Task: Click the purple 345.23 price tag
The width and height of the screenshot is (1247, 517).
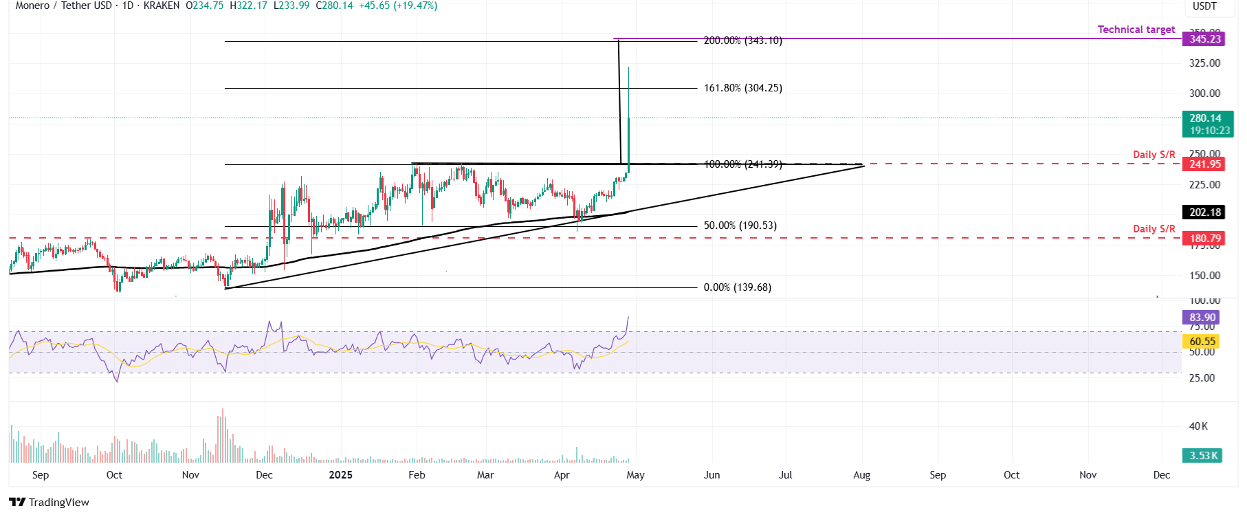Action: click(1205, 39)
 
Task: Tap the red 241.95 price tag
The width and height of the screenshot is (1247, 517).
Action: click(1205, 164)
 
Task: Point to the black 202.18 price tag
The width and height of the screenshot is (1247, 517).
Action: click(1205, 212)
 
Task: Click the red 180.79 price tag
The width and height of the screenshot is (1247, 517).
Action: click(1205, 239)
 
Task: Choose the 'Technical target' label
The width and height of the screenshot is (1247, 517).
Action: click(1136, 30)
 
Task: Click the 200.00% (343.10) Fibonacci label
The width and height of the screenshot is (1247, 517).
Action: click(742, 41)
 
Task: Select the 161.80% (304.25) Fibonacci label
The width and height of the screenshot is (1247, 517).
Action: click(742, 88)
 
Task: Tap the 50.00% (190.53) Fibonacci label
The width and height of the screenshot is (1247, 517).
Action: click(740, 226)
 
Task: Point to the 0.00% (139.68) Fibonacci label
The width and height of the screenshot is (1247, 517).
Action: click(737, 287)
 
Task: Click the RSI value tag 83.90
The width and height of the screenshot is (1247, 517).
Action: click(1202, 318)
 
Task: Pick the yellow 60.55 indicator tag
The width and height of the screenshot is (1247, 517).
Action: click(1202, 342)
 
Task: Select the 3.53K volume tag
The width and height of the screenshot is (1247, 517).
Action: click(1203, 456)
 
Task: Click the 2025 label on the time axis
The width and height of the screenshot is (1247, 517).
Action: click(340, 475)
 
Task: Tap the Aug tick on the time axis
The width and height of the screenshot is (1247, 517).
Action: click(861, 475)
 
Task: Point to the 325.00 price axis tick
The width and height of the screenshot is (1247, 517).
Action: click(1204, 63)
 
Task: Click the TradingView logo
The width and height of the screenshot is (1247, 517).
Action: click(49, 502)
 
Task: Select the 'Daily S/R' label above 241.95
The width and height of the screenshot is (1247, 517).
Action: click(1154, 155)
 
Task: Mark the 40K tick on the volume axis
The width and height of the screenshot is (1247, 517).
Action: click(1198, 426)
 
